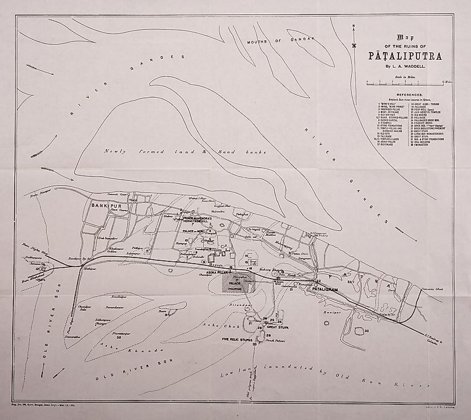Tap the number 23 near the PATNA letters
click(349, 283)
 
